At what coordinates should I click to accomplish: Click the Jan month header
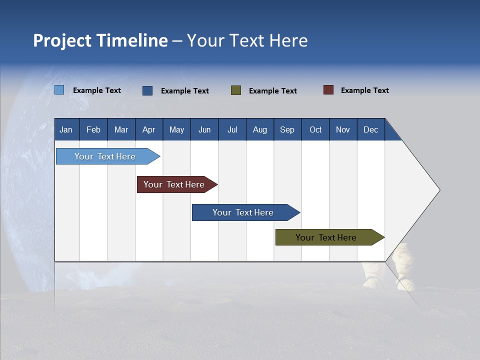click(66, 130)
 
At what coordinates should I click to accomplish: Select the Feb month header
click(93, 130)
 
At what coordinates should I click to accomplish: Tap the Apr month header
click(148, 130)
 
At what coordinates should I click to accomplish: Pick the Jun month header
click(204, 130)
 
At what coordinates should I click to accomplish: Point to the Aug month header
click(259, 130)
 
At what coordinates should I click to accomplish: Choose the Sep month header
click(287, 130)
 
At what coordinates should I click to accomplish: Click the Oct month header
click(315, 130)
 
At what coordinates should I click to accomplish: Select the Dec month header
click(370, 130)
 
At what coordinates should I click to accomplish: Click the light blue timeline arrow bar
click(105, 156)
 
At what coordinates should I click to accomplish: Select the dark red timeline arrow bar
click(174, 184)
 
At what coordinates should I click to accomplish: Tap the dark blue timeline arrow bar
click(243, 212)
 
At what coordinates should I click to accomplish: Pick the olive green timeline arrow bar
click(326, 237)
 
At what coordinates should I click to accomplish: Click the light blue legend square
click(59, 90)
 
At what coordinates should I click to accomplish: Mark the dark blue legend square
click(147, 90)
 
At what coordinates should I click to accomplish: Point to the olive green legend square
click(236, 90)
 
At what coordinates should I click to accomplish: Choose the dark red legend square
click(328, 90)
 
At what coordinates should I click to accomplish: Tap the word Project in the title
click(62, 40)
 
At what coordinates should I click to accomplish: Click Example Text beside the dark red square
click(364, 90)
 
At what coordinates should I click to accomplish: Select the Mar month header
click(121, 130)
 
